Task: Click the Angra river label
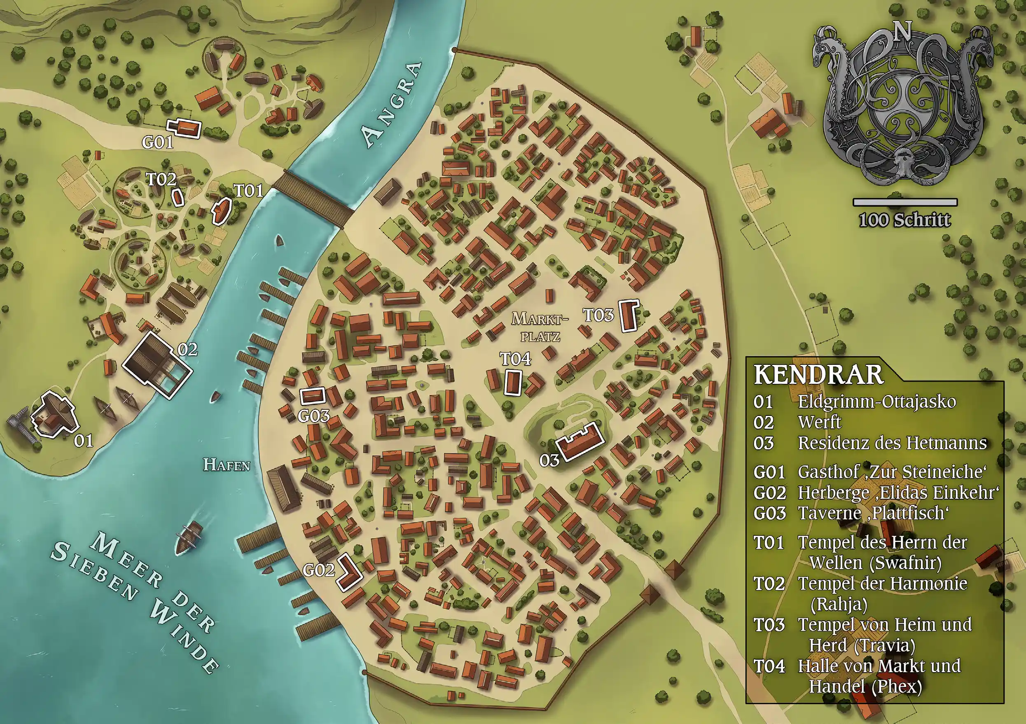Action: click(x=391, y=105)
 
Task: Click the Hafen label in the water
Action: click(x=227, y=465)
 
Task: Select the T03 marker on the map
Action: click(x=598, y=315)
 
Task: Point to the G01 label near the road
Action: click(x=157, y=142)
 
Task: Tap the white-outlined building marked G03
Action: click(x=312, y=396)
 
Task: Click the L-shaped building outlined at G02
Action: click(x=349, y=572)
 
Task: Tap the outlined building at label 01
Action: click(x=54, y=413)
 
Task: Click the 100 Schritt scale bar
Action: click(x=905, y=203)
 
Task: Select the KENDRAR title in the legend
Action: click(x=819, y=374)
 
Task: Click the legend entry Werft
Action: click(x=820, y=422)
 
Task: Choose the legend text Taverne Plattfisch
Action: click(x=873, y=513)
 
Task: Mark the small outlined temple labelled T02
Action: click(x=178, y=197)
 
